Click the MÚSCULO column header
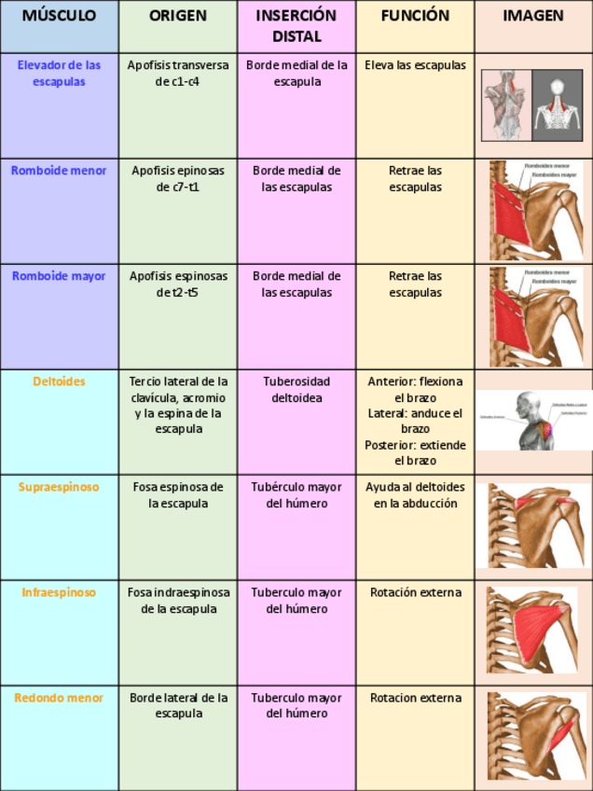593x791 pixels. tap(59, 17)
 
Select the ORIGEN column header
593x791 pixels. tap(177, 17)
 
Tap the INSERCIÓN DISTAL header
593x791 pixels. tap(296, 26)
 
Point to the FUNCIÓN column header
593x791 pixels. tap(415, 17)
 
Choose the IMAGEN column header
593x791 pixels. tap(533, 17)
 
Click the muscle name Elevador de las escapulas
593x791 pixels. tap(59, 74)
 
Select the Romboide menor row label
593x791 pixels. tap(59, 171)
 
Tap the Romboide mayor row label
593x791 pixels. tap(59, 276)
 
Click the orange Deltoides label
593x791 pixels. tap(59, 382)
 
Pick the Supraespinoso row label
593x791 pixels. tap(59, 487)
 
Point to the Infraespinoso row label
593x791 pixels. tap(59, 592)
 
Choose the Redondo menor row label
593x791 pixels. tap(59, 698)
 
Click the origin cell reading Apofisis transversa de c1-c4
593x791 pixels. tap(177, 74)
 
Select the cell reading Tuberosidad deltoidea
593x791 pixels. tap(296, 389)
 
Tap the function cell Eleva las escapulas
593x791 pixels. tap(415, 66)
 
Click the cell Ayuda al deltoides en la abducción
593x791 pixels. tap(415, 495)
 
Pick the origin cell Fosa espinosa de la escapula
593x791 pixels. tap(177, 495)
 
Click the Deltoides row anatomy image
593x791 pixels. tap(533, 420)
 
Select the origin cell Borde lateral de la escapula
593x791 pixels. tap(177, 705)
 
